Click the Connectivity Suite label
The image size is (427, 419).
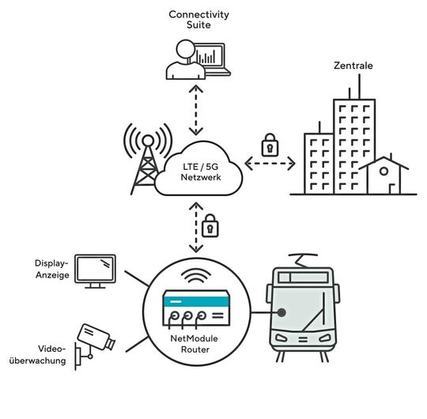click(x=198, y=21)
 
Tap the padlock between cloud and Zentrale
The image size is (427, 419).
click(x=270, y=145)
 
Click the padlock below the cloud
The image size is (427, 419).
click(x=210, y=226)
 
